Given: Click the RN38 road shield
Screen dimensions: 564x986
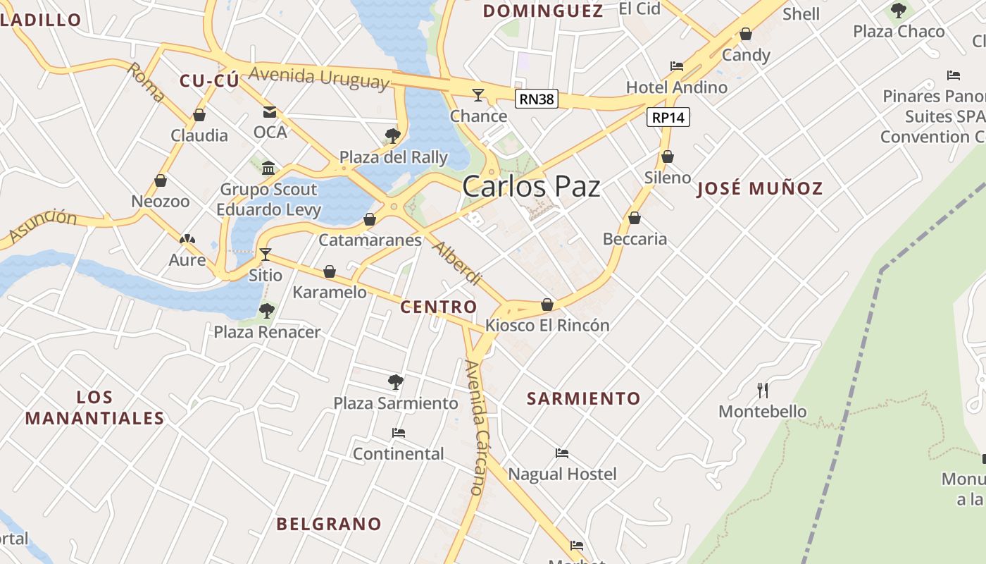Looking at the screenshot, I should [x=537, y=99].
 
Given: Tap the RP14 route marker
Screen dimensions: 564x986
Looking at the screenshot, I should [x=668, y=117].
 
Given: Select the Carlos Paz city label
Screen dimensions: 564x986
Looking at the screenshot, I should [x=531, y=187].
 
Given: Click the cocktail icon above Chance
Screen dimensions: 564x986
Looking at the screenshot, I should [x=478, y=95].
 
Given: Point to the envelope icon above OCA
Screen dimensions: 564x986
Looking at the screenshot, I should [x=270, y=111].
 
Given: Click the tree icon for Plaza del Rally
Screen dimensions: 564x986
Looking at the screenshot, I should [x=393, y=135].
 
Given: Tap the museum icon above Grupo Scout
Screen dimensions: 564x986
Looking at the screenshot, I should [x=268, y=168].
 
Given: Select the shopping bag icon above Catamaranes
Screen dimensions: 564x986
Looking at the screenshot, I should [x=370, y=219].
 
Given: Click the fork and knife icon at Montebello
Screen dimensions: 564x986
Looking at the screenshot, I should [x=762, y=390].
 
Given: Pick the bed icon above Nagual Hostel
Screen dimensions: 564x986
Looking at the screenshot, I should [x=562, y=453].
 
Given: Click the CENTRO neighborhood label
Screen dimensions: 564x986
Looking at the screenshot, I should [x=438, y=307].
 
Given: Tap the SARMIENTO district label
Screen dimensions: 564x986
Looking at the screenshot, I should [x=584, y=398].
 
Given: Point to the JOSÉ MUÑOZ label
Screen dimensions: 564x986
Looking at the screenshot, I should [x=760, y=188].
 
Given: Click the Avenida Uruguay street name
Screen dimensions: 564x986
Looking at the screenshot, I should [x=318, y=77].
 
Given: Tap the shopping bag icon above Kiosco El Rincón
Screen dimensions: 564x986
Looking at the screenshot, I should [x=547, y=305].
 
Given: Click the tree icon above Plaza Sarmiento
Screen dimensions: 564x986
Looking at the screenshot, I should [x=396, y=382].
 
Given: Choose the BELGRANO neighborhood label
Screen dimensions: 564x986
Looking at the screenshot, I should [x=329, y=524].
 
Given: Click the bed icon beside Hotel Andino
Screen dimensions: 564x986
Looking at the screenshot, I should [x=677, y=66].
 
